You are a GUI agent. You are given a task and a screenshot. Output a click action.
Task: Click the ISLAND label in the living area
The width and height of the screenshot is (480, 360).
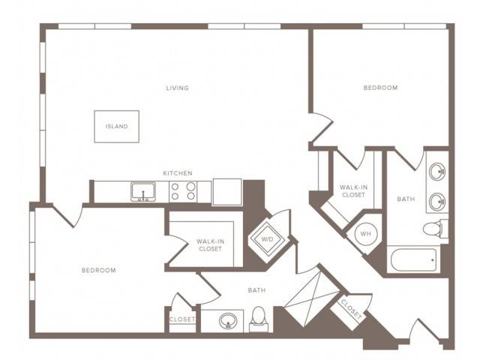[x=117, y=127]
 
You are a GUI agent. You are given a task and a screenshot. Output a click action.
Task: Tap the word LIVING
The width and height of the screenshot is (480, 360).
[x=177, y=88]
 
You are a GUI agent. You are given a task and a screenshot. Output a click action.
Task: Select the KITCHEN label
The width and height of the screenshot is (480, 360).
[x=178, y=173]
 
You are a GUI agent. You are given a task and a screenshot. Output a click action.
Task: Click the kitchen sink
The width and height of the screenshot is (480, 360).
[x=143, y=192]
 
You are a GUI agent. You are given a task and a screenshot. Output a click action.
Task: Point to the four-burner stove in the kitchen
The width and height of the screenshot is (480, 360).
[x=183, y=191]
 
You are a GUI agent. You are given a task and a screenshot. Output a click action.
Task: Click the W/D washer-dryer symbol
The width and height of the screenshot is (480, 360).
[x=267, y=239]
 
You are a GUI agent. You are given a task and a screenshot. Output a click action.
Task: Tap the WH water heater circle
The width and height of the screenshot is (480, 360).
[x=366, y=234]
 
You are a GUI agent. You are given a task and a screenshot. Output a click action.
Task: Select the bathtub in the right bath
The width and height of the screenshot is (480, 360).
[x=413, y=260]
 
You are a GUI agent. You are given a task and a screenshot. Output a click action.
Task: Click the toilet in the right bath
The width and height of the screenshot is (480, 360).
[x=436, y=228]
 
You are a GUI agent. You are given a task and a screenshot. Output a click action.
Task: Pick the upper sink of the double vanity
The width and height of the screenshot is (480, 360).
[x=437, y=172]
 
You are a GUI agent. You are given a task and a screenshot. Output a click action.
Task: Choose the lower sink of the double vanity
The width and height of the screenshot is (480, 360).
[x=437, y=202]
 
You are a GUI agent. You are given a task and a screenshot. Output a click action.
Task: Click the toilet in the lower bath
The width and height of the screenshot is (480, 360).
[x=259, y=319]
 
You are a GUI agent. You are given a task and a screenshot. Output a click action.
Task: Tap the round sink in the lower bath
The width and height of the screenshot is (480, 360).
[x=228, y=321]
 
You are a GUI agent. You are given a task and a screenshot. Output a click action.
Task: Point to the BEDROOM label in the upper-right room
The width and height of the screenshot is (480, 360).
[x=380, y=88]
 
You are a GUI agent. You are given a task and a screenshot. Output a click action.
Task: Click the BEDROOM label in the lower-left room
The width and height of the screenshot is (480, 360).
[x=99, y=270]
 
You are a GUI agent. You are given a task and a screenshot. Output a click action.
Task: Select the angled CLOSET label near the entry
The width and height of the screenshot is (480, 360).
[x=351, y=309]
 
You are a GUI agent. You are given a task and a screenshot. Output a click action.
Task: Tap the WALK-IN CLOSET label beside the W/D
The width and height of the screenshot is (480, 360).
[x=210, y=245]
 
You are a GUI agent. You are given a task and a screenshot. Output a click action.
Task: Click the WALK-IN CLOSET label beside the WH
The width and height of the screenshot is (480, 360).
[x=353, y=191]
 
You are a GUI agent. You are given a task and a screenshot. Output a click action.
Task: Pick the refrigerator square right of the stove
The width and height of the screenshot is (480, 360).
[x=227, y=192]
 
